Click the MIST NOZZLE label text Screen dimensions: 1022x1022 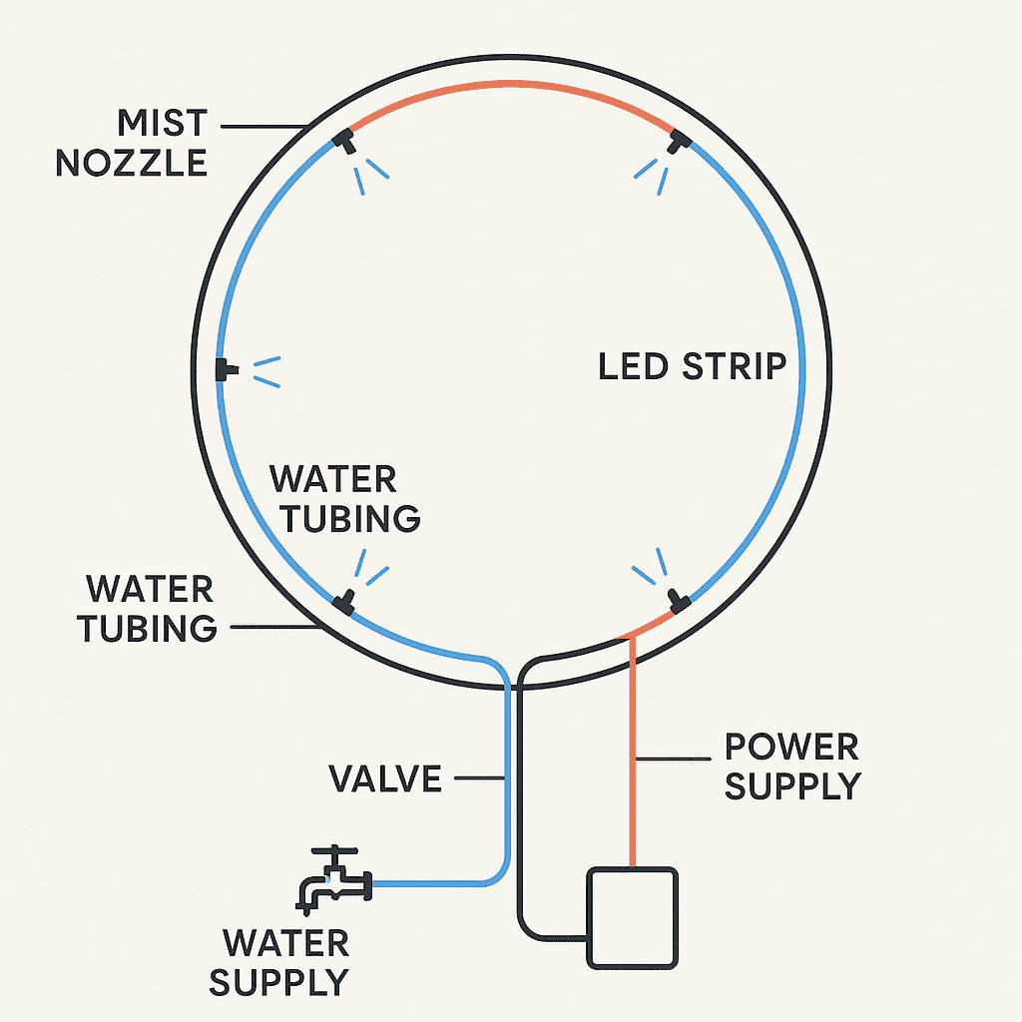(132, 143)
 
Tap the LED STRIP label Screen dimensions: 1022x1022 (692, 366)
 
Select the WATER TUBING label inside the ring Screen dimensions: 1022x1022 (345, 498)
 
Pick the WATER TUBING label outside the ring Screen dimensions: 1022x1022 (151, 608)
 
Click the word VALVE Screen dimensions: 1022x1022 (385, 778)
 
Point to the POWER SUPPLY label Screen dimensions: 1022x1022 (791, 766)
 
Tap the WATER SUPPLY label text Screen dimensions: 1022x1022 (278, 962)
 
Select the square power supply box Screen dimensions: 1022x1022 (633, 916)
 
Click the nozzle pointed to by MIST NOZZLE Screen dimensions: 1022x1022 (345, 141)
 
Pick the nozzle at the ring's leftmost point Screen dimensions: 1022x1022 (224, 369)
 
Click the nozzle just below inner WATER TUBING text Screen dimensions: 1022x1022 (344, 601)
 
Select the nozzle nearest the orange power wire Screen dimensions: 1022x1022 (679, 600)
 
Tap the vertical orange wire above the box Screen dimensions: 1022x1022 (633, 749)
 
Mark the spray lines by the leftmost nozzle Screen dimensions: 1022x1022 (266, 371)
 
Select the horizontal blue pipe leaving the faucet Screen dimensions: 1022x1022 (429, 883)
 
